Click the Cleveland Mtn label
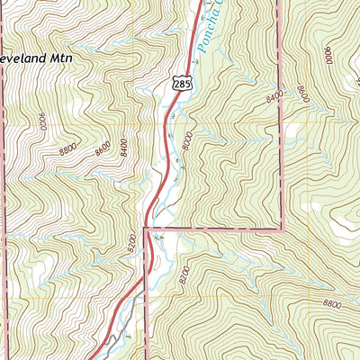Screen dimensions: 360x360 [34, 57]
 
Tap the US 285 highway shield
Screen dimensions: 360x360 [183, 83]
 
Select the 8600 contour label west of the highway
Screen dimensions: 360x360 [102, 147]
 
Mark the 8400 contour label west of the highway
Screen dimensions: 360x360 [122, 141]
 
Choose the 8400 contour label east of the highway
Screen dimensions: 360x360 [274, 94]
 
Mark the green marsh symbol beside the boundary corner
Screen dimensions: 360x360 [159, 237]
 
